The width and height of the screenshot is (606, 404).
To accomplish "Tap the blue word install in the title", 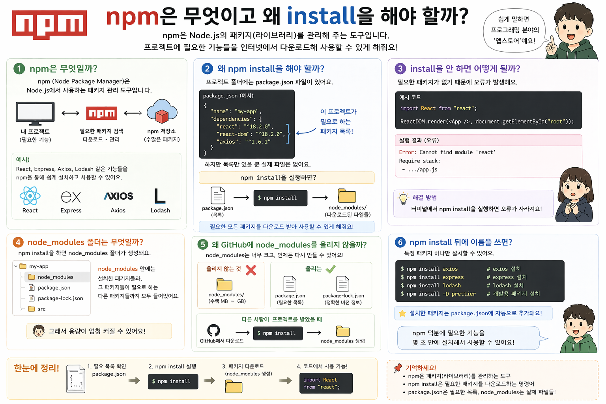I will coord(321,17).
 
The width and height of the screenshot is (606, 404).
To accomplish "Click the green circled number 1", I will coord(19,69).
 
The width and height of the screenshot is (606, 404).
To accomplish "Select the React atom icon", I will coord(30,196).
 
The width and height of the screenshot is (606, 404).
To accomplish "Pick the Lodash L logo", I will coord(159,196).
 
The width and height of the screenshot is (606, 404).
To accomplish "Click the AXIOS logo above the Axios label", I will coord(118,196).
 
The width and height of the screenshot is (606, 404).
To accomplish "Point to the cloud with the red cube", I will coord(162,112).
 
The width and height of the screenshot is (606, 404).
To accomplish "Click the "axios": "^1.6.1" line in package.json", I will coord(245,142).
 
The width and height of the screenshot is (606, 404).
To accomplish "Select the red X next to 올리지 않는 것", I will coord(251,270).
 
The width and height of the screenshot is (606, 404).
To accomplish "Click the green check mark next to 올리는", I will coord(331,269).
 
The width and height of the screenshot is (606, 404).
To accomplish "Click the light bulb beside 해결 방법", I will coord(403,198).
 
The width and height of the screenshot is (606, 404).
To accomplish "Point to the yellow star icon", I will coord(402,313).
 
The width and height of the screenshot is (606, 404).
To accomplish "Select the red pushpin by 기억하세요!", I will coord(398,368).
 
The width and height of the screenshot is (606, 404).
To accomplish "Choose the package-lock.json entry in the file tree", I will coord(60,298).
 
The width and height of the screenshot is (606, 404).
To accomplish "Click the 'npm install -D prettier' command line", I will coord(438,294).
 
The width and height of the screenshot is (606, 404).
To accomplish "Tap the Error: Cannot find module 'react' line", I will coord(447,152).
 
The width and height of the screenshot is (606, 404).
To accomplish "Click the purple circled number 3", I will coord(400,69).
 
